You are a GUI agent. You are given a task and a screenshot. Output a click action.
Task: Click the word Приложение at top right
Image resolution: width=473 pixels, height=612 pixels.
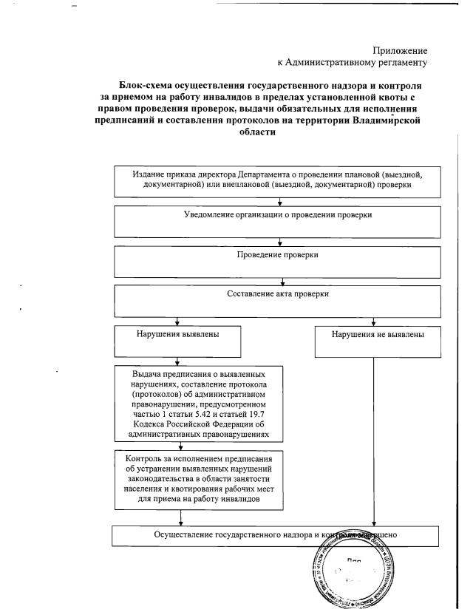coord(399,50)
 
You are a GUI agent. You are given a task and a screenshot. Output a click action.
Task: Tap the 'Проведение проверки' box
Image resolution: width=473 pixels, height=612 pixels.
coord(278,259)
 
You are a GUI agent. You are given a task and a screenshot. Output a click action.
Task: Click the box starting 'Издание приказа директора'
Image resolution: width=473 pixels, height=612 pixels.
coord(278,180)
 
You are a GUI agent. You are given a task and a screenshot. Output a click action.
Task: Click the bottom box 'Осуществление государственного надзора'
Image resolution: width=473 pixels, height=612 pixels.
coord(278,534)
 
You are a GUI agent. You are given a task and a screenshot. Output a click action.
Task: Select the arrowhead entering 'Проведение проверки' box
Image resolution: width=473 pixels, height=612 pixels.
coord(278,243)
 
